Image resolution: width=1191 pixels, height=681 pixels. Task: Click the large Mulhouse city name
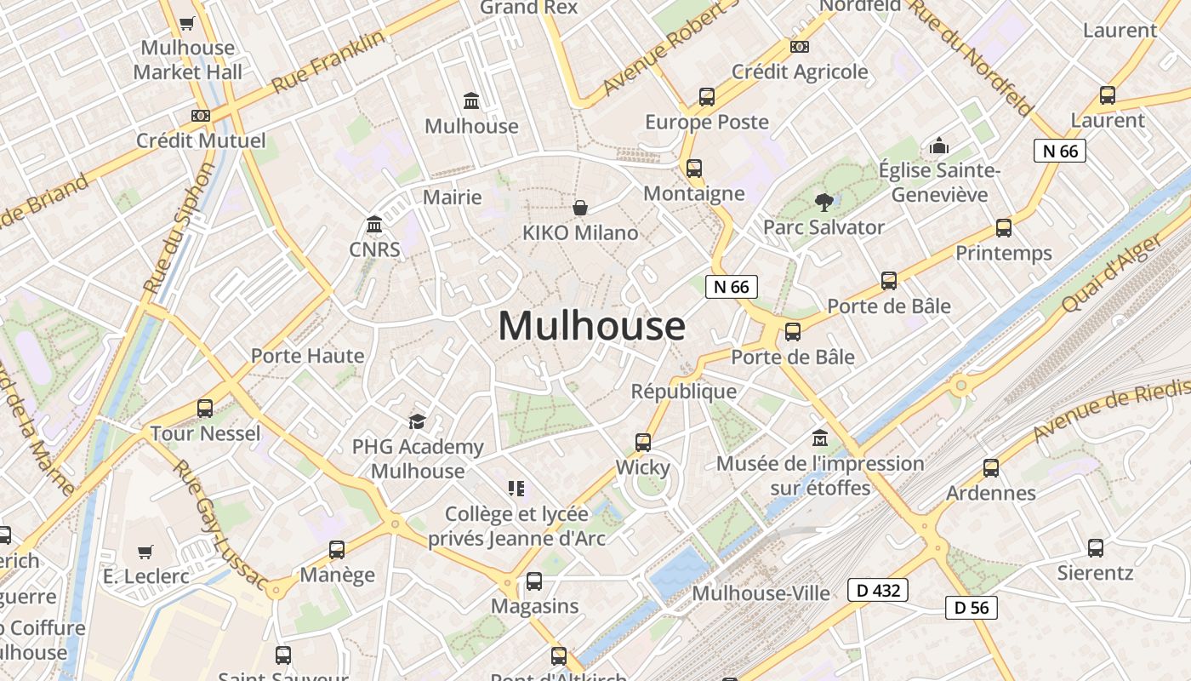click(x=591, y=326)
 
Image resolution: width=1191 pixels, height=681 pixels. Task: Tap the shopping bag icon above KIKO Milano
click(x=580, y=208)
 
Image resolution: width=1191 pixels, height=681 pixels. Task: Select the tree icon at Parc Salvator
click(x=823, y=203)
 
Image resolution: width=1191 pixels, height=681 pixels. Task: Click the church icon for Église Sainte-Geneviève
click(x=939, y=146)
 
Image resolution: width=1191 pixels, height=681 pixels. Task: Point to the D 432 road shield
click(x=878, y=590)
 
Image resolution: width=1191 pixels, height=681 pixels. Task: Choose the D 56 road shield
click(x=971, y=607)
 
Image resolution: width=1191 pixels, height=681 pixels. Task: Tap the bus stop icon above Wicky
click(x=643, y=443)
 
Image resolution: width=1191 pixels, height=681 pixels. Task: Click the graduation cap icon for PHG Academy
click(x=417, y=422)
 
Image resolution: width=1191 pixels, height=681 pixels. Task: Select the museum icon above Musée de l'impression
click(x=820, y=438)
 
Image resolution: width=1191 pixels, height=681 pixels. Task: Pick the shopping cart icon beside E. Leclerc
click(x=145, y=552)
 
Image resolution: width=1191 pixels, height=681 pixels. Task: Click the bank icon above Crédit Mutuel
click(x=201, y=116)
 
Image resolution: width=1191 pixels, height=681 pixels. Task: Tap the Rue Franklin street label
click(x=328, y=62)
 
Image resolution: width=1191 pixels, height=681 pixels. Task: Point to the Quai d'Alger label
click(x=1111, y=273)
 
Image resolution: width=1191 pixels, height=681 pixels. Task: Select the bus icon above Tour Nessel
click(x=205, y=409)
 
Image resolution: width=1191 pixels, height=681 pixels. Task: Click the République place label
click(x=684, y=391)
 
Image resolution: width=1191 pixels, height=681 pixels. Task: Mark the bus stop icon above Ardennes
click(x=991, y=468)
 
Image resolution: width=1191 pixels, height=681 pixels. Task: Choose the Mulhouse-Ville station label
click(x=761, y=593)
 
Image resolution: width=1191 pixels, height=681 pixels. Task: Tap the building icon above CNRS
click(x=374, y=225)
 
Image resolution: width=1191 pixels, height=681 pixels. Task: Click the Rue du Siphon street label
click(x=180, y=229)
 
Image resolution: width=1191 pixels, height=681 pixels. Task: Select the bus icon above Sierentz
click(x=1096, y=547)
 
